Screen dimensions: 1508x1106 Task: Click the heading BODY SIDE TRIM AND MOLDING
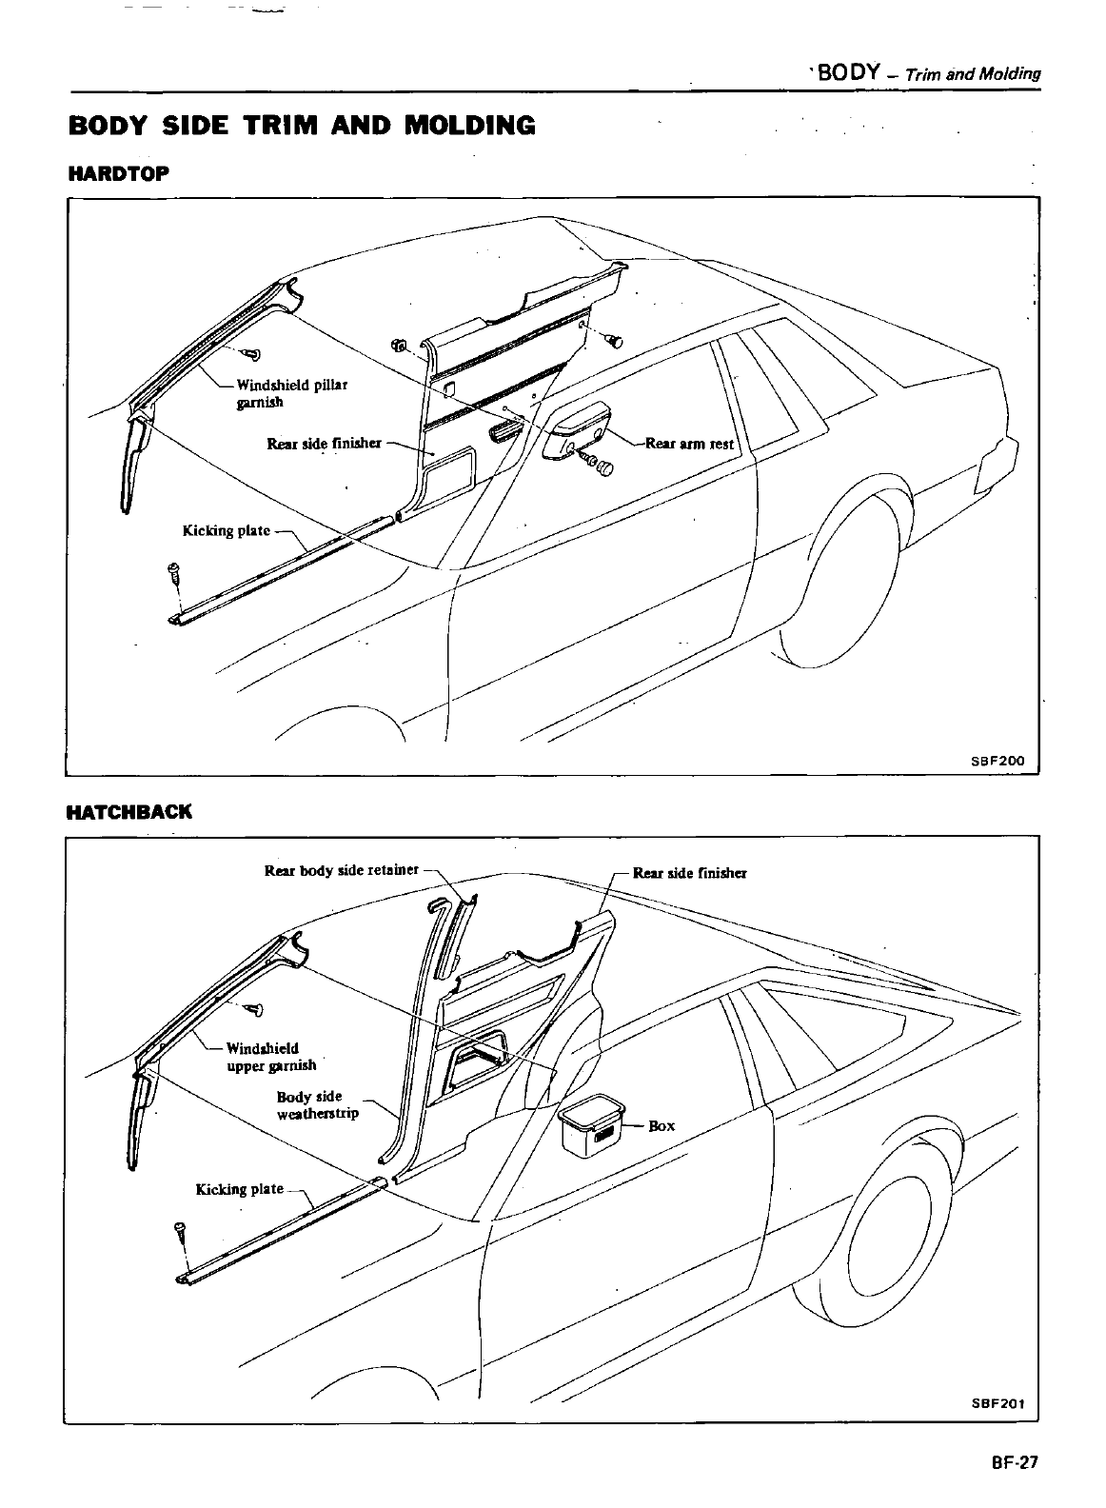pyautogui.click(x=302, y=125)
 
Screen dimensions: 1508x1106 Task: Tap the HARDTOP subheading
pyautogui.click(x=118, y=174)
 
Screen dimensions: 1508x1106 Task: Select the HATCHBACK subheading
pyautogui.click(x=128, y=812)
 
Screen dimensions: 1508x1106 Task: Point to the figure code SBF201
pyautogui.click(x=997, y=1403)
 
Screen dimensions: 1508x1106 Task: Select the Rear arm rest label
pyautogui.click(x=688, y=443)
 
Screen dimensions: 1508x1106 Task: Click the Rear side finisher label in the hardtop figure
pyautogui.click(x=324, y=443)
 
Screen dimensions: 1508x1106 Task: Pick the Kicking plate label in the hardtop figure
pyautogui.click(x=227, y=530)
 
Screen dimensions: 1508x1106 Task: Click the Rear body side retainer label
pyautogui.click(x=342, y=870)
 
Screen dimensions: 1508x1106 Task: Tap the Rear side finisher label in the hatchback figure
pyautogui.click(x=690, y=872)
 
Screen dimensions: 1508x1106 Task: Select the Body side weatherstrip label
pyautogui.click(x=318, y=1104)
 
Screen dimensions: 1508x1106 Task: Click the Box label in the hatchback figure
pyautogui.click(x=662, y=1125)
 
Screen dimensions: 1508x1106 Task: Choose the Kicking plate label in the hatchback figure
pyautogui.click(x=240, y=1189)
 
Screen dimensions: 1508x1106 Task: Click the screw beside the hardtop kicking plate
pyautogui.click(x=174, y=573)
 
